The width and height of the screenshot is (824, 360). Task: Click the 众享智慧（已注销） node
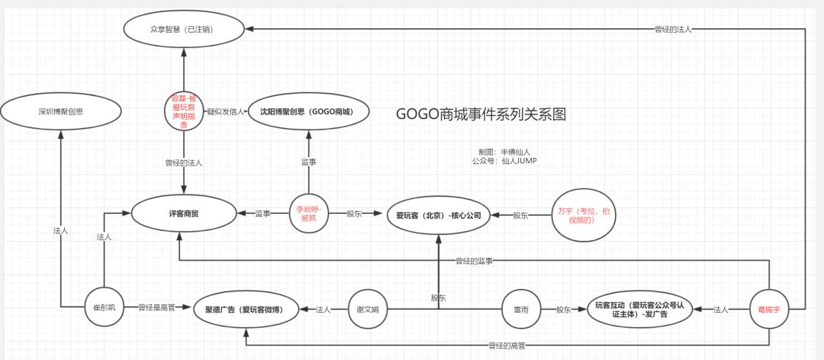(x=184, y=29)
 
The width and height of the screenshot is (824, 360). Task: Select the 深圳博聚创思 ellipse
(x=62, y=112)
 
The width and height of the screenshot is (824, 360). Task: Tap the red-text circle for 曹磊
(x=184, y=111)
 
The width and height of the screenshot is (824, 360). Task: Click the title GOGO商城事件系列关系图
(x=481, y=114)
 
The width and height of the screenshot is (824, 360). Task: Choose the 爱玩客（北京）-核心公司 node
(x=439, y=215)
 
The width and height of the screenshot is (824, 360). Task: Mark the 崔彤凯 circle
(x=102, y=308)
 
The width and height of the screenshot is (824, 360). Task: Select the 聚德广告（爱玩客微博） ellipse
(x=244, y=310)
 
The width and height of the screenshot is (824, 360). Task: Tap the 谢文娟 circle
(x=368, y=310)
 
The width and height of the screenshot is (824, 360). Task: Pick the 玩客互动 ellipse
(x=640, y=310)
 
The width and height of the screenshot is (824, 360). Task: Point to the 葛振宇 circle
(x=769, y=309)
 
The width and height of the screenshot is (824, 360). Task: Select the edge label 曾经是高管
(x=156, y=308)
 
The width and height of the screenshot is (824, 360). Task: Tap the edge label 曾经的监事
(x=474, y=261)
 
